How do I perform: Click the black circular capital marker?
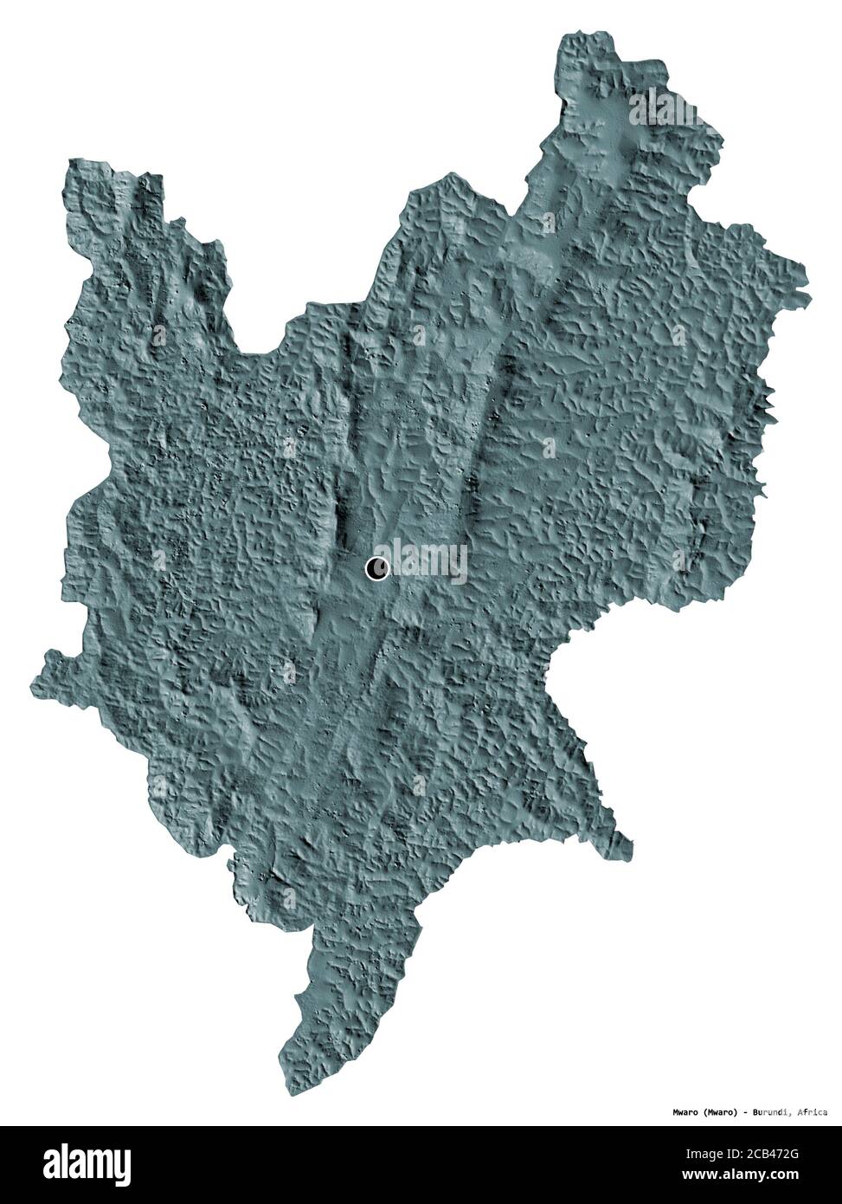pyautogui.click(x=377, y=568)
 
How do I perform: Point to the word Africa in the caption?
pyautogui.click(x=812, y=1111)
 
